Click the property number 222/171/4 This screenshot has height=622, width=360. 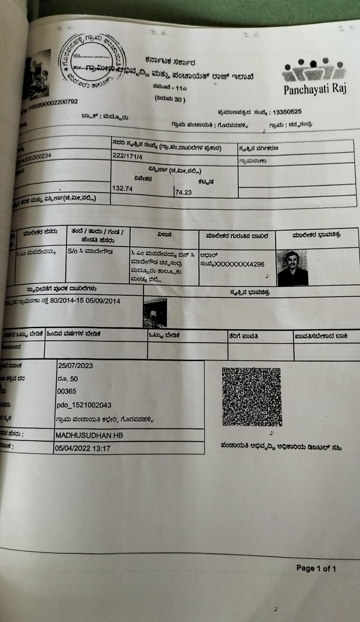[x=127, y=155]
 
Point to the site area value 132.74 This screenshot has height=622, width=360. [x=122, y=188]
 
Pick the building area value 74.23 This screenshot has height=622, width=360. [x=183, y=192]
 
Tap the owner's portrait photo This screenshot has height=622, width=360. [x=292, y=268]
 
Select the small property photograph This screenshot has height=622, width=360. [x=155, y=312]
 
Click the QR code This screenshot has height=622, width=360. [x=252, y=396]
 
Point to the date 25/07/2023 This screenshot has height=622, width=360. [x=75, y=365]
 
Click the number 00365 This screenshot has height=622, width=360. [x=66, y=391]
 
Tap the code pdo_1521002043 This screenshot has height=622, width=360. [x=84, y=405]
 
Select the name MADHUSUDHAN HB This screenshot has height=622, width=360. [x=89, y=435]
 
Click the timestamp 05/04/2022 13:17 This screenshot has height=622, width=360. [x=82, y=448]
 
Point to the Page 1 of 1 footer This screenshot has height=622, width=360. [x=316, y=568]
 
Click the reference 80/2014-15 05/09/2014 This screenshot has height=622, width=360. [x=85, y=301]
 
